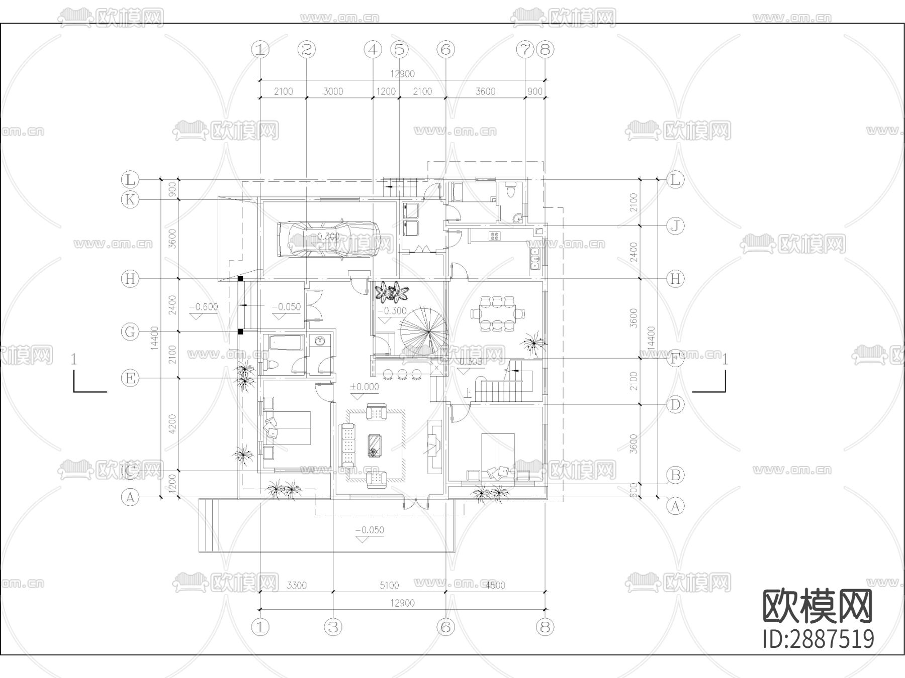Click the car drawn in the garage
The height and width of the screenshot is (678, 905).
[x=334, y=240]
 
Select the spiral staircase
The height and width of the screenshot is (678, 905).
[x=424, y=331]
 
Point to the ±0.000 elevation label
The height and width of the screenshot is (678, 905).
[x=365, y=387]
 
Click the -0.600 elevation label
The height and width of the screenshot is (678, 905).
[x=204, y=307]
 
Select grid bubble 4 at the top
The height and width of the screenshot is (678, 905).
[x=373, y=50]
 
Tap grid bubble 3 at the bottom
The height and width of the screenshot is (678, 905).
[x=333, y=627]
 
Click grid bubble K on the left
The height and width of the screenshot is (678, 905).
[x=130, y=200]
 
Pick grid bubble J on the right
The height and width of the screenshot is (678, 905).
[x=675, y=226]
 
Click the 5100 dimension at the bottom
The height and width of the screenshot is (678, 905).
[x=389, y=585]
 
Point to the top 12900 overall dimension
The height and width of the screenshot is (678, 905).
[x=402, y=74]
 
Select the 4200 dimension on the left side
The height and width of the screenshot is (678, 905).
[x=172, y=424]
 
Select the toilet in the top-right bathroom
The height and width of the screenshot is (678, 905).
[x=511, y=191]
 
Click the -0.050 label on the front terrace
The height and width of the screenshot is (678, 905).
[x=370, y=530]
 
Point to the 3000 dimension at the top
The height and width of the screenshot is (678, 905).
[x=333, y=91]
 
